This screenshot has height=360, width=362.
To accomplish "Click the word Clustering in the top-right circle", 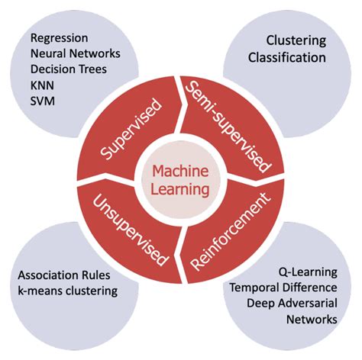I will pos(296,40).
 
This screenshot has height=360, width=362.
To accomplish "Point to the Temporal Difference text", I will pos(283,287).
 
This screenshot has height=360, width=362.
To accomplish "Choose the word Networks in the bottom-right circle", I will pos(310,319).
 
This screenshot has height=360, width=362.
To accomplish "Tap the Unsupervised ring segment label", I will pos(130,228).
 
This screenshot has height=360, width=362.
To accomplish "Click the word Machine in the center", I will pos(181,171).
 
